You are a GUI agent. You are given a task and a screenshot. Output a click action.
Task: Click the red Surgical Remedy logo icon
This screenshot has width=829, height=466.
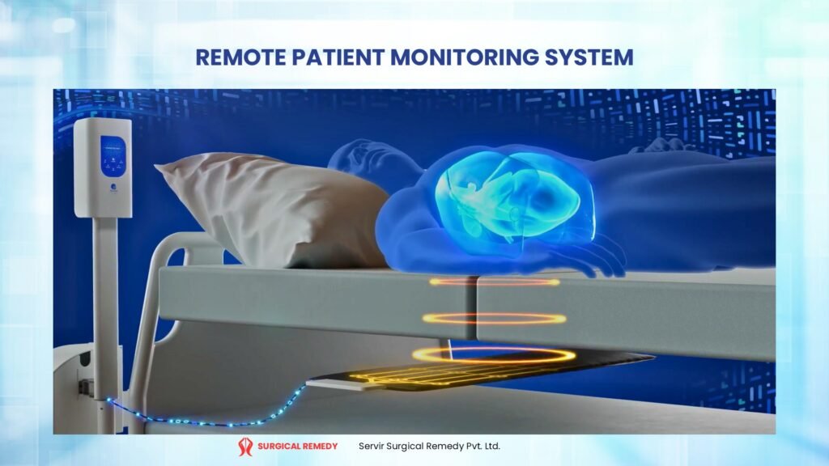pyautogui.click(x=245, y=446)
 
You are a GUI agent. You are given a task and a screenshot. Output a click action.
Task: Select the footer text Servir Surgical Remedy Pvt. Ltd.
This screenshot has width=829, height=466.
pyautogui.click(x=429, y=446)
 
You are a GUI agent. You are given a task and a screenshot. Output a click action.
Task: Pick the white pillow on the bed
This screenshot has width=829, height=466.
pyautogui.click(x=267, y=206)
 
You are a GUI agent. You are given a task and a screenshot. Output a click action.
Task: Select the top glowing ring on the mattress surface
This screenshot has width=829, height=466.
pyautogui.click(x=494, y=282)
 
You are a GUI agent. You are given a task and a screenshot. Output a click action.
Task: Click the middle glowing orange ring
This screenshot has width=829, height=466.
pyautogui.click(x=494, y=319)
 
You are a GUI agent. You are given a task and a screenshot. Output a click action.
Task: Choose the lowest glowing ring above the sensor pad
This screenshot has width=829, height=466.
pyautogui.click(x=494, y=354)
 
